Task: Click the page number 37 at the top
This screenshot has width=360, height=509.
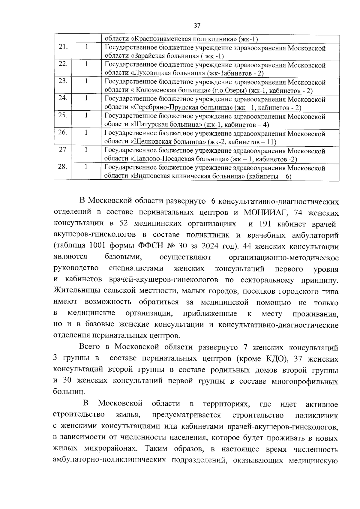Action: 197,25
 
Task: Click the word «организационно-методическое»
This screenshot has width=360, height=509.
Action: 283,258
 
